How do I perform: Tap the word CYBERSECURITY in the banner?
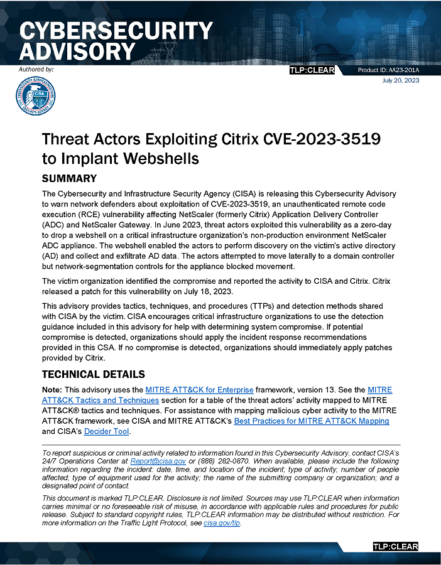point(117,31)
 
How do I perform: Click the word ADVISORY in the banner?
point(77,51)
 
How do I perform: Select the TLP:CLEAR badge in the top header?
point(312,70)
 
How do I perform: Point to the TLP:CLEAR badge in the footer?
point(395,547)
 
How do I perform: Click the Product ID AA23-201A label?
point(388,70)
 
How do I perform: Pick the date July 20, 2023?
point(400,80)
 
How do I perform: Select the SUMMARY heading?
point(69,179)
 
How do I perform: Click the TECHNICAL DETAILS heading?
point(93,375)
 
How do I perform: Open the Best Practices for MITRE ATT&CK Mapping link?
point(311,421)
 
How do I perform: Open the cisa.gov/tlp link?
point(222,523)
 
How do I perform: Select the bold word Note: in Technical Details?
point(53,390)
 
